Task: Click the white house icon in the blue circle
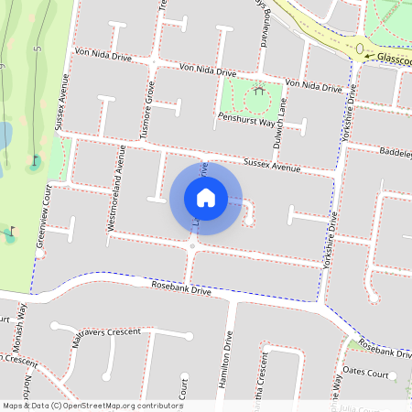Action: pyautogui.click(x=206, y=197)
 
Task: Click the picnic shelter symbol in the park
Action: pyautogui.click(x=261, y=91)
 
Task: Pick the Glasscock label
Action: pyautogui.click(x=394, y=57)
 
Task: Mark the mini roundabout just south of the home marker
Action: pyautogui.click(x=192, y=247)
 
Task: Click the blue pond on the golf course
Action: pyautogui.click(x=5, y=135)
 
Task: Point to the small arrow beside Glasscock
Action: pyautogui.click(x=368, y=57)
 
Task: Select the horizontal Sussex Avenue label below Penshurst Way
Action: pyautogui.click(x=272, y=168)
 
